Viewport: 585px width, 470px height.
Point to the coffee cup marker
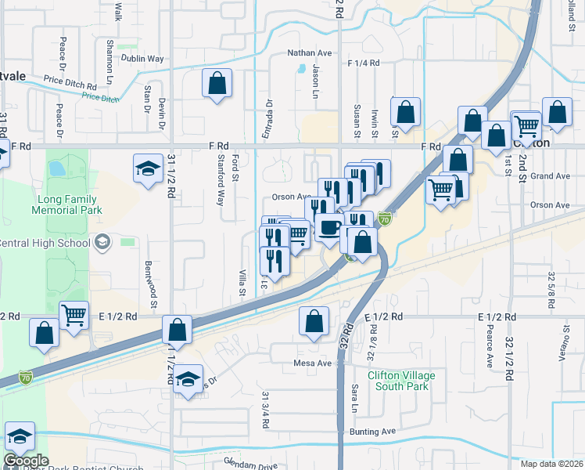coord(329,228)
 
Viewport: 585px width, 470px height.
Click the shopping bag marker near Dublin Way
coord(217,83)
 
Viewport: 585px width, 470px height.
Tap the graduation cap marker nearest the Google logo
coord(20,436)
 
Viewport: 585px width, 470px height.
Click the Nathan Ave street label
coord(310,53)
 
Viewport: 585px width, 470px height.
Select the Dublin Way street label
coord(142,58)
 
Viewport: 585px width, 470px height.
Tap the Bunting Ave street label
coord(374,432)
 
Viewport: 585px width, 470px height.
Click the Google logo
coord(27,461)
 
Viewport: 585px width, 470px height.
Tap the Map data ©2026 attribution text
coord(551,464)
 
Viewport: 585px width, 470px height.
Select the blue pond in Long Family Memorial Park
coord(56,168)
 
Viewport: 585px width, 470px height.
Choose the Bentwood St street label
coord(153,274)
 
